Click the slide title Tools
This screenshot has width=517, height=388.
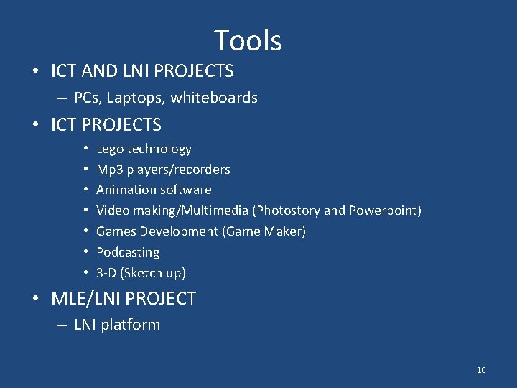(248, 41)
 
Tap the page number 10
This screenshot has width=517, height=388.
(481, 370)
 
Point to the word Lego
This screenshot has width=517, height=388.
(110, 149)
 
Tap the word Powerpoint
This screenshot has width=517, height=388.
(385, 211)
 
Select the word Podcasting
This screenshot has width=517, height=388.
(128, 252)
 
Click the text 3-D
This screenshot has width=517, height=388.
(106, 273)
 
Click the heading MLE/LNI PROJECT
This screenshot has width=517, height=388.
(124, 299)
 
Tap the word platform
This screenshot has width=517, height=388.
(130, 325)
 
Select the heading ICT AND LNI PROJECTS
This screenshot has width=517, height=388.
(142, 71)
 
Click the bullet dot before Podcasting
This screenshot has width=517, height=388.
(85, 252)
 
